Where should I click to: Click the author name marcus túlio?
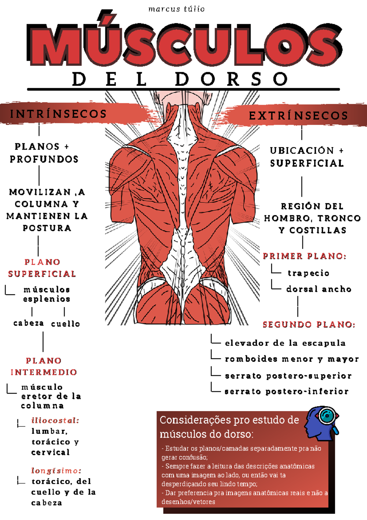coord(176,9)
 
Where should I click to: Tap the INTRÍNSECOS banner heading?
coord(58,114)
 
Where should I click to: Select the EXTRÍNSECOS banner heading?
coord(298,116)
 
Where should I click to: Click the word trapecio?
coord(308,273)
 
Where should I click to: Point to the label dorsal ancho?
coord(319,289)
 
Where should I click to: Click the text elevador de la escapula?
coord(285,343)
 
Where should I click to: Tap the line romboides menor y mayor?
coord(292,359)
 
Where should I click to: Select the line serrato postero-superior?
coord(288,376)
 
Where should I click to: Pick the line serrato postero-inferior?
coord(287,391)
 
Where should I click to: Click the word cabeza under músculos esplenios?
coord(28,323)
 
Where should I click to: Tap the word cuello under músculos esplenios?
coord(65,324)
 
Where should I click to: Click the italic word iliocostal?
coord(55,420)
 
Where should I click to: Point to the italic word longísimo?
coord(56,471)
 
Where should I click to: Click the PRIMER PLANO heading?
coord(305,256)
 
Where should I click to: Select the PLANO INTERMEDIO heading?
coord(43,367)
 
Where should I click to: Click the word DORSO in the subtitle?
coord(232,79)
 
